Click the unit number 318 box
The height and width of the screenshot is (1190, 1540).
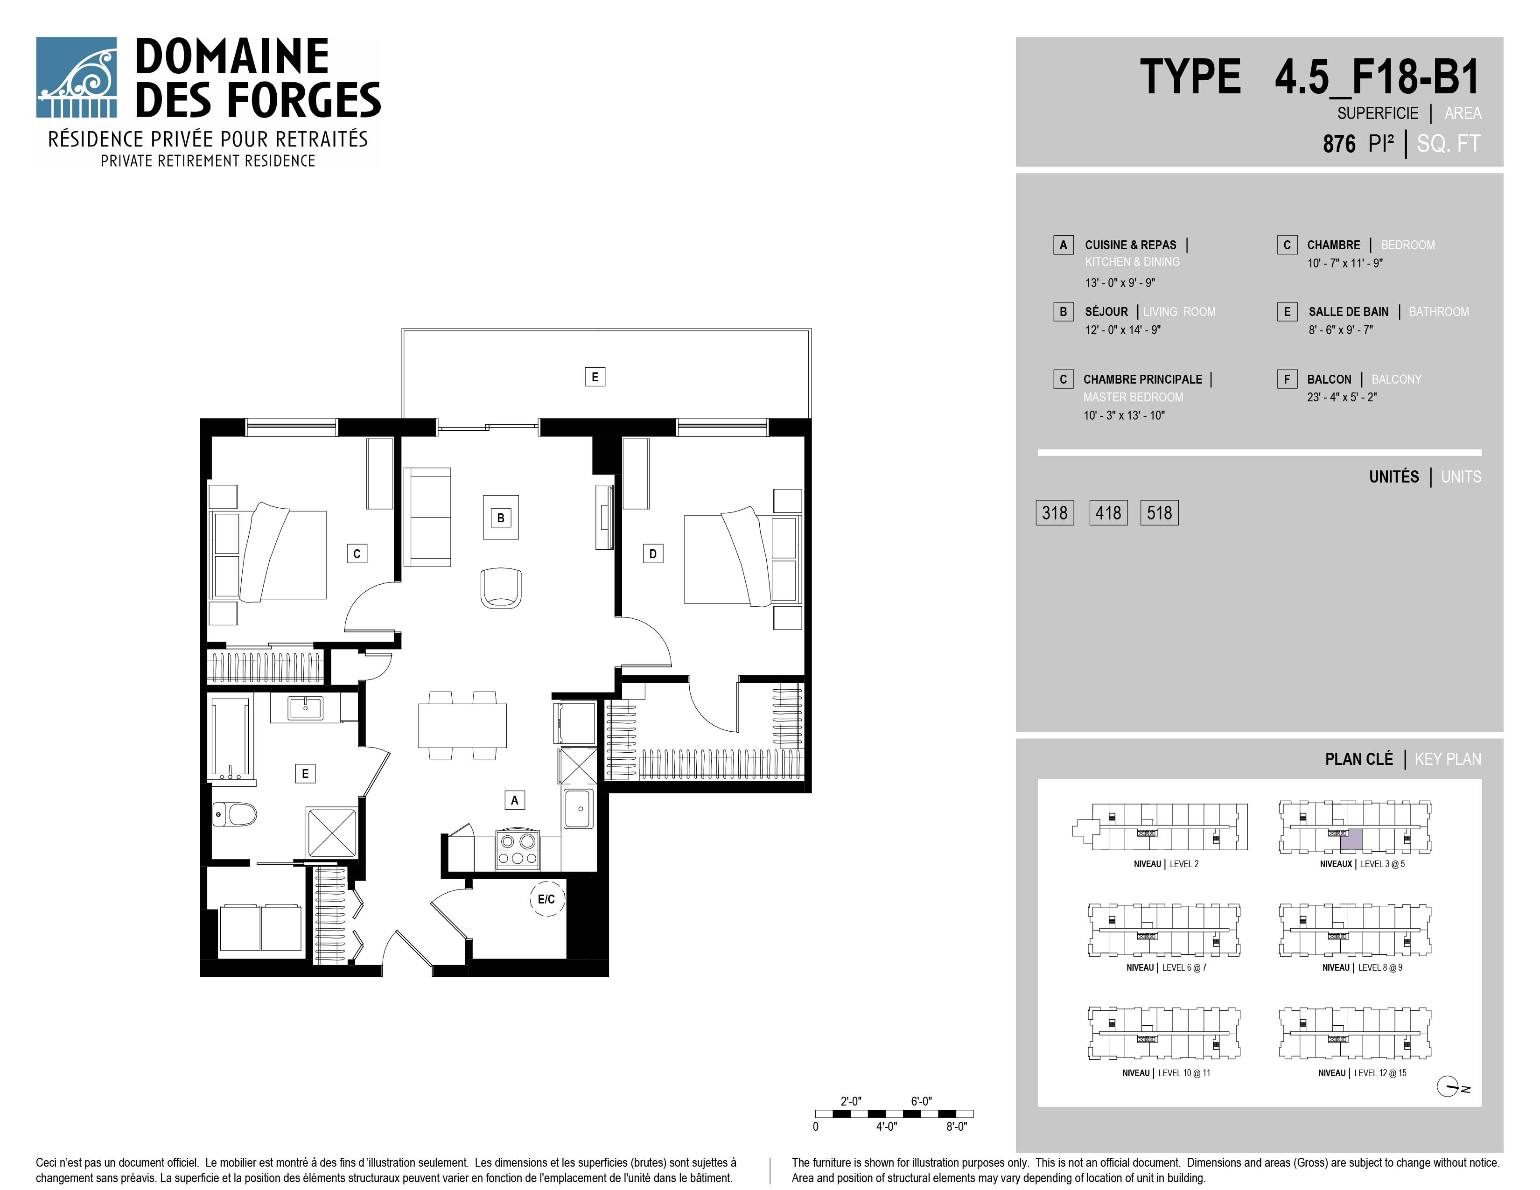[x=1054, y=512]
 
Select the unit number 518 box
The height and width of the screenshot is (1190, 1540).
[x=1159, y=512]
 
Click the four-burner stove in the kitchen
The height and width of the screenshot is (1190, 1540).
[x=518, y=849]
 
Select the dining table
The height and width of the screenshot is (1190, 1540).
[x=462, y=725]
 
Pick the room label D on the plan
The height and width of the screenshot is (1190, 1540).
[x=653, y=553]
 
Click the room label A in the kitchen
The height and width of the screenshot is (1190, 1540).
[x=515, y=800]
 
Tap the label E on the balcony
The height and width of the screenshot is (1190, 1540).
[x=595, y=377]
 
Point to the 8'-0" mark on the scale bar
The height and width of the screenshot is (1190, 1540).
[x=956, y=1127]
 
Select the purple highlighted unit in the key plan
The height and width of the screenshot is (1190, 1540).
[x=1351, y=840]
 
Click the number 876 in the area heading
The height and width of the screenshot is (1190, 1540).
[x=1339, y=144]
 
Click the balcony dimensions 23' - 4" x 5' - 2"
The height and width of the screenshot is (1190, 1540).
[x=1342, y=397]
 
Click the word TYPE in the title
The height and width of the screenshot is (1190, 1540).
[x=1190, y=77]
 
